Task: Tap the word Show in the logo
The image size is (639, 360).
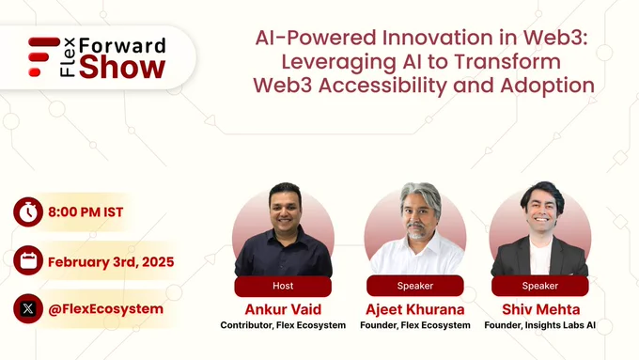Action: (122, 68)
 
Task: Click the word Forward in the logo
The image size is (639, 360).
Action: (122, 45)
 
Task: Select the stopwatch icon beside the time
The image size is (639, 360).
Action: (28, 212)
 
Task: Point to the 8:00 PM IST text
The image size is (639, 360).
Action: (86, 212)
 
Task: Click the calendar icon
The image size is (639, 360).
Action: (28, 260)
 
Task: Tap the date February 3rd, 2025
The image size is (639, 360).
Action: (111, 261)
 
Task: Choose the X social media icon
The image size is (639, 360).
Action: (28, 308)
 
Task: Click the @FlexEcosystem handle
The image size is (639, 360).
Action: (105, 309)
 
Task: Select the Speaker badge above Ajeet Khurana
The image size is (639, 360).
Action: (414, 286)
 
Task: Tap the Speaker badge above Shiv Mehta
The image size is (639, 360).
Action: (540, 286)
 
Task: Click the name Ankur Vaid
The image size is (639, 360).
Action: (283, 309)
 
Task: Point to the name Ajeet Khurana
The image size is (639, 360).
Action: (414, 309)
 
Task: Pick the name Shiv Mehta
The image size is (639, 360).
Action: (540, 309)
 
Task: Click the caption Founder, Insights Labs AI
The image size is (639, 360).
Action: (540, 325)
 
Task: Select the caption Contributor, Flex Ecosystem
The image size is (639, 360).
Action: (283, 325)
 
